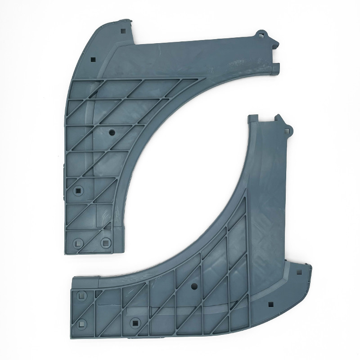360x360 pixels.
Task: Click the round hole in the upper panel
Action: coord(111,133)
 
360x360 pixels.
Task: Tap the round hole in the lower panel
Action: coord(194,286)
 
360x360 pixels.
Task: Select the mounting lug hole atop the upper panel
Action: coord(261,34)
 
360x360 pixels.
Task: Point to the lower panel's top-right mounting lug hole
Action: coord(288,130)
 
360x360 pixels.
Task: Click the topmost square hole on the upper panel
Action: coord(123,31)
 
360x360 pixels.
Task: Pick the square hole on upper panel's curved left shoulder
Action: coord(93,59)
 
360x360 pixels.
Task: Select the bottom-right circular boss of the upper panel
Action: coord(105,242)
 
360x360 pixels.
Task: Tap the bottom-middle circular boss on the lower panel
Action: coord(135,322)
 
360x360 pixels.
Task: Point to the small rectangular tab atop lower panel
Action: coord(253,118)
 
